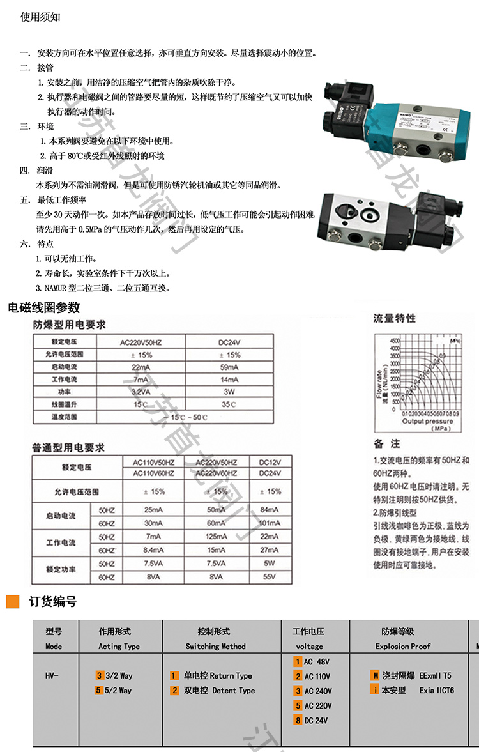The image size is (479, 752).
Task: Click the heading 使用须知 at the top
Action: [x=41, y=18]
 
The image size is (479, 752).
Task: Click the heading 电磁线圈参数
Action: [x=44, y=308]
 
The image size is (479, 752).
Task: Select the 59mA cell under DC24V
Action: [x=229, y=367]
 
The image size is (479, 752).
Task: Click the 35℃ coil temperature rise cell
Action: [x=229, y=404]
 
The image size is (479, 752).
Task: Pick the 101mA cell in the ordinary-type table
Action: [x=270, y=522]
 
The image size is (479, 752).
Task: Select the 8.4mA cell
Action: [x=153, y=549]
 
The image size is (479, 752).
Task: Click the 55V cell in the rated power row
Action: [x=270, y=577]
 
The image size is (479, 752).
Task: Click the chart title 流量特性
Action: [x=394, y=318]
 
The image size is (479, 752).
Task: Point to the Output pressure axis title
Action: [x=427, y=421]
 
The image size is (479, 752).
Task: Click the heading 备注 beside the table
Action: [x=387, y=443]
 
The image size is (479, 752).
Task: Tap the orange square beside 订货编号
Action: [x=13, y=601]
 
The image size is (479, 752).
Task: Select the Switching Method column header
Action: [x=215, y=646]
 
